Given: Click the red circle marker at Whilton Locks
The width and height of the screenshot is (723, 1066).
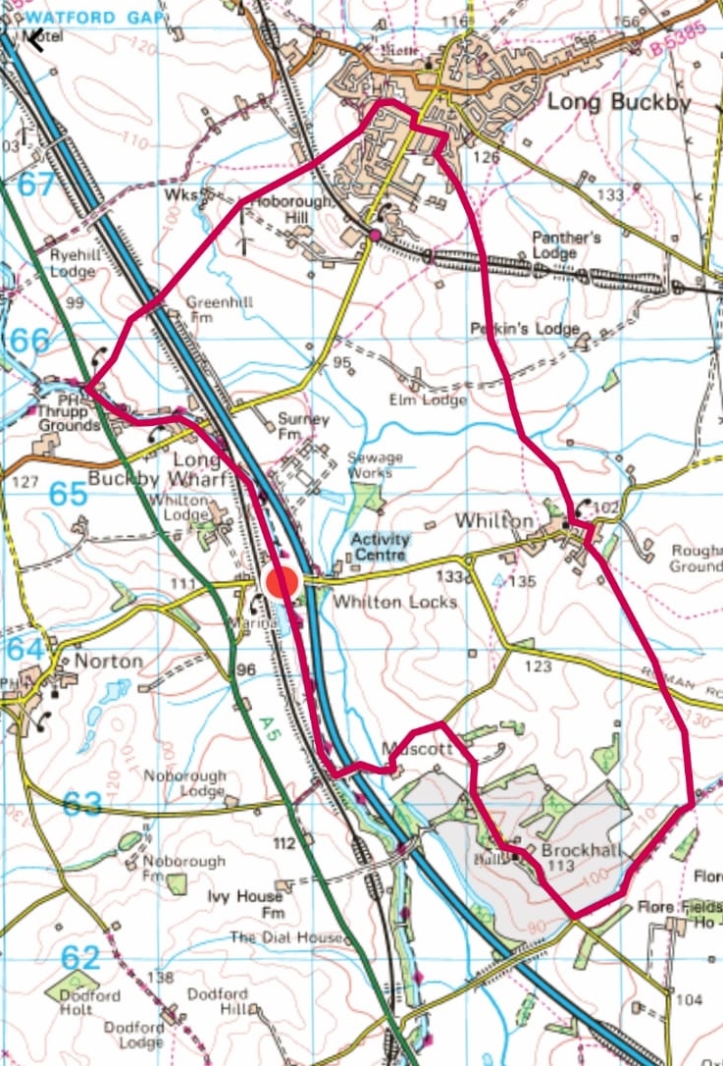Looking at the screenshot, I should tap(282, 581).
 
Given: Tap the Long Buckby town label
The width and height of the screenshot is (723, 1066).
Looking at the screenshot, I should tap(605, 102).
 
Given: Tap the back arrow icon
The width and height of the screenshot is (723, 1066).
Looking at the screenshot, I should tap(35, 39).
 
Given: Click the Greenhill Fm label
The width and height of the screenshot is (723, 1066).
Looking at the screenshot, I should tap(220, 309).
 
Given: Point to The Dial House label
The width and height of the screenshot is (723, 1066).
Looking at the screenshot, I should tap(287, 937).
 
